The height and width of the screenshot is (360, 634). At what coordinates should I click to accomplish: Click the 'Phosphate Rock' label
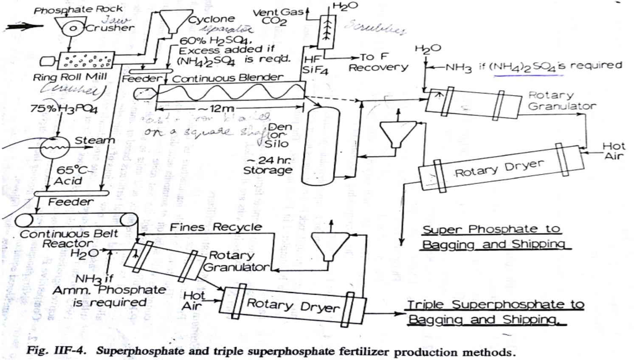pos(78,9)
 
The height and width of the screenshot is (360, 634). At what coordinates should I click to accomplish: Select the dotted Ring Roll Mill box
pos(85,61)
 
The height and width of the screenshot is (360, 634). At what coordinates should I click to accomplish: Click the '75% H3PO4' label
pos(64,109)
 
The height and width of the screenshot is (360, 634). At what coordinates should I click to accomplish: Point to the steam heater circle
pos(55,147)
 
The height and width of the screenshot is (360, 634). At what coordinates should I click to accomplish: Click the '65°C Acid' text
pos(70,175)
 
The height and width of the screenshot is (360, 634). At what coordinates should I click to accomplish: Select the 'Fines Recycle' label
pos(216,227)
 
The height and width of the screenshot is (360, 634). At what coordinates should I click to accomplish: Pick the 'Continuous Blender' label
pos(227,78)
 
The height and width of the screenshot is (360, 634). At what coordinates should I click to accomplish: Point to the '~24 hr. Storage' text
pos(268,166)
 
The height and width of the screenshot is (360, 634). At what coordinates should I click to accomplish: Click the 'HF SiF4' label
pos(315,65)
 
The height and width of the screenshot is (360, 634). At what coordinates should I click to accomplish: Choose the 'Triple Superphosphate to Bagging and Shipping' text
pos(495,312)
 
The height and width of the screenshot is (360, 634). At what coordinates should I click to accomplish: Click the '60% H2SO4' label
pos(216,41)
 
